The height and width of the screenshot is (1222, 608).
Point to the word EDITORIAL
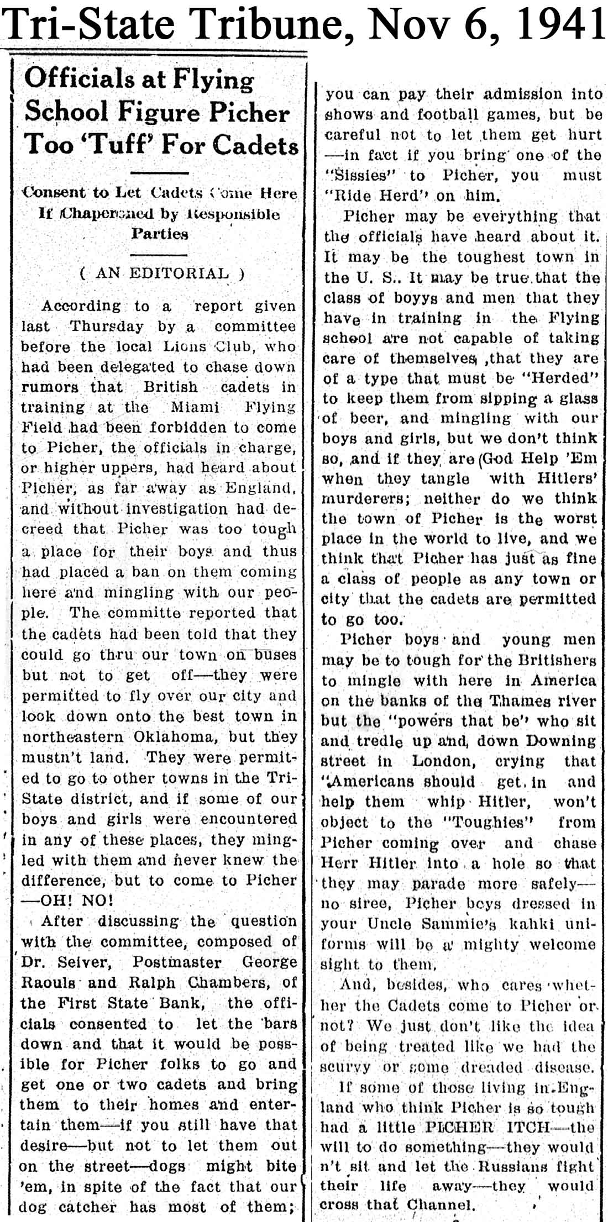[x=179, y=273]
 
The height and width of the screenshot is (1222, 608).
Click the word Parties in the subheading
[x=159, y=234]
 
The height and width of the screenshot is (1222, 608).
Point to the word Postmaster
[x=177, y=962]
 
